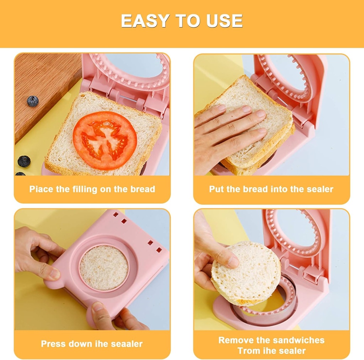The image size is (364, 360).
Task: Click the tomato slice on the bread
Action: pyautogui.click(x=105, y=140)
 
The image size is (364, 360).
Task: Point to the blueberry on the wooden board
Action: pyautogui.click(x=33, y=101)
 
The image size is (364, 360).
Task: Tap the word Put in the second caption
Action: pyautogui.click(x=216, y=189)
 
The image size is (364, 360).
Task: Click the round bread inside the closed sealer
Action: pyautogui.click(x=104, y=268)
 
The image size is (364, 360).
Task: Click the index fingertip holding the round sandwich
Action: pyautogui.click(x=233, y=262)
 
